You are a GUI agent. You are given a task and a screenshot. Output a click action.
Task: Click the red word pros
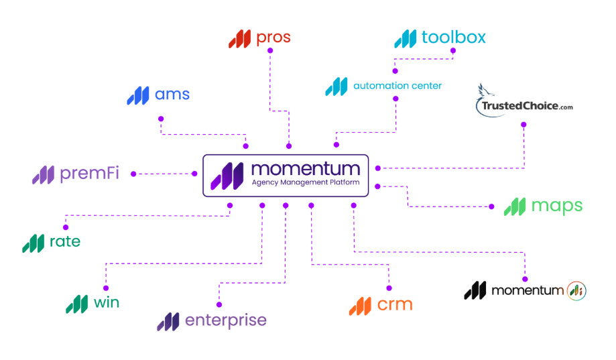click(x=273, y=38)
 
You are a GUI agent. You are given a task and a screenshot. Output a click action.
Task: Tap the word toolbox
click(x=453, y=38)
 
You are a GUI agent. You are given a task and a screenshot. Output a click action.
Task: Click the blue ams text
click(x=172, y=95)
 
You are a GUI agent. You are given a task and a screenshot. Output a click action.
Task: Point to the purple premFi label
click(x=89, y=174)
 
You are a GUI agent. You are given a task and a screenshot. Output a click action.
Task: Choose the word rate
click(x=65, y=242)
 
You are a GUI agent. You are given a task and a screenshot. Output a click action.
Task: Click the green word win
click(x=107, y=302)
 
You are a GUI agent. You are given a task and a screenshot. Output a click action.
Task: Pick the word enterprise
click(x=225, y=320)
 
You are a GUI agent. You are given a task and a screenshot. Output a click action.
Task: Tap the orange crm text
click(x=394, y=305)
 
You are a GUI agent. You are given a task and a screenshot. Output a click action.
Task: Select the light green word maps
click(x=556, y=206)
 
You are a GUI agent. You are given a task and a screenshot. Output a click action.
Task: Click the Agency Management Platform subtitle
click(x=306, y=182)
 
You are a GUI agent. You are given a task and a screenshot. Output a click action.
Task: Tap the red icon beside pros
click(x=239, y=39)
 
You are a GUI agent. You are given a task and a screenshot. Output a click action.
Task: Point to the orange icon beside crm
click(x=360, y=306)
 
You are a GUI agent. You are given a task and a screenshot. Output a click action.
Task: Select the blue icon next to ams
click(x=138, y=95)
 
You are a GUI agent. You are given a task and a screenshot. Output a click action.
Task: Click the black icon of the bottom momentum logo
click(x=475, y=290)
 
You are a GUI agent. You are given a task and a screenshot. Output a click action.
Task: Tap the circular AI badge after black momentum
click(x=576, y=290)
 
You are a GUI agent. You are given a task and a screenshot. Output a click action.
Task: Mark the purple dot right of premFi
click(x=133, y=174)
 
